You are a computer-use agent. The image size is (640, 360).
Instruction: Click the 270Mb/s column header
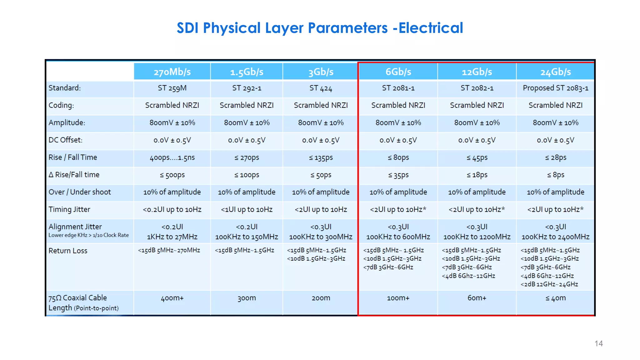pos(172,72)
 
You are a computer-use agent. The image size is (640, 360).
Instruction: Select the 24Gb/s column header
pos(556,72)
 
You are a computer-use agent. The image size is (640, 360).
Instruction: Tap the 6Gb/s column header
pos(398,72)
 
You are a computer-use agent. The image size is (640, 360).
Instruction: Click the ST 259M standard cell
pos(172,88)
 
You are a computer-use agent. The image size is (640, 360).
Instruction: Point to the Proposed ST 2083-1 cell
pos(556,88)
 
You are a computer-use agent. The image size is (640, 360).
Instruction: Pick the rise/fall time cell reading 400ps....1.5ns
pos(172,157)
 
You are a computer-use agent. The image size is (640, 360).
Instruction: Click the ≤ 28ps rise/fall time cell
pos(556,157)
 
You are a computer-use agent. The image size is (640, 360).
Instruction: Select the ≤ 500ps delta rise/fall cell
pos(172,175)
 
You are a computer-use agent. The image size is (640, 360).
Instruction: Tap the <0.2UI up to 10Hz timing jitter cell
pos(172,209)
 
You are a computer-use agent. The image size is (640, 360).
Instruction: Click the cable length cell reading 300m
pos(247,298)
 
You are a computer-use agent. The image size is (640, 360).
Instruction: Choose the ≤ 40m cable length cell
pos(556,298)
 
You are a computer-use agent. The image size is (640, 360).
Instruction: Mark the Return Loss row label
pos(68,251)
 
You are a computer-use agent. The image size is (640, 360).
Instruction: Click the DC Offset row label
pos(66,140)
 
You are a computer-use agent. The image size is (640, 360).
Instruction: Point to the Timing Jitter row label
pos(69,209)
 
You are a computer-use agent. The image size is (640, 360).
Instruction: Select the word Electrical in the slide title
pos(431,28)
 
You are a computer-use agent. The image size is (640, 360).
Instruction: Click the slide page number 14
pos(598,343)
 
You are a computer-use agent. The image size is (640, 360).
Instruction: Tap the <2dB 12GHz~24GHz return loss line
pos(549,284)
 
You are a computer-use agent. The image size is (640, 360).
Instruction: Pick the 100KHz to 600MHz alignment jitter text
pos(398,237)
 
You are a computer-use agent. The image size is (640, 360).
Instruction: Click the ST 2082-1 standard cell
pos(477,88)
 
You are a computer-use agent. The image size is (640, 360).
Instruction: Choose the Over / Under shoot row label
pos(80,192)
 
